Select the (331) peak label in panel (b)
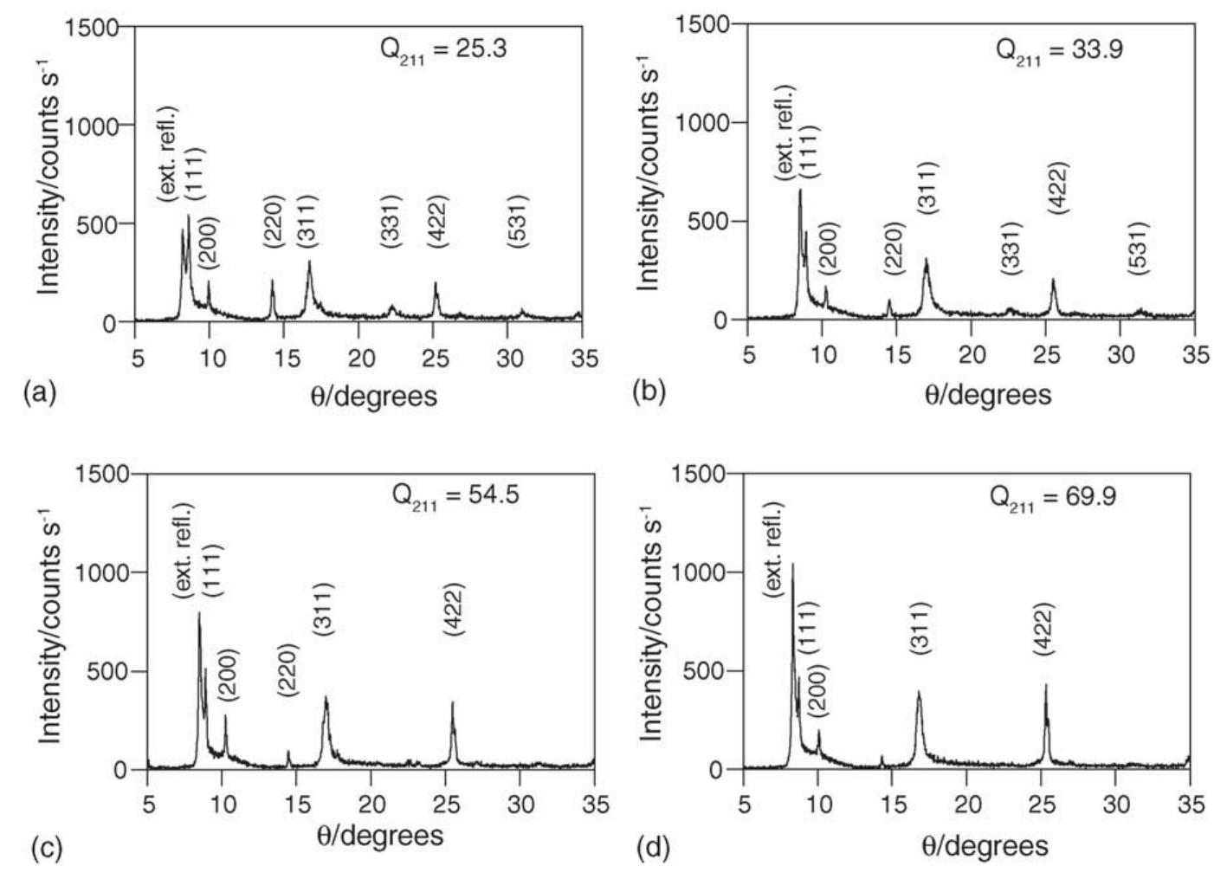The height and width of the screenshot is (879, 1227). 1011,249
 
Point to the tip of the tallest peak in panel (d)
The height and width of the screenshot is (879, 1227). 791,564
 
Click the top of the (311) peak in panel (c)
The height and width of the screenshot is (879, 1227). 326,696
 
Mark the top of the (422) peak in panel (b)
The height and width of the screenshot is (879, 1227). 1053,279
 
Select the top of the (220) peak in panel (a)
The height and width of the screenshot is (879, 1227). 273,281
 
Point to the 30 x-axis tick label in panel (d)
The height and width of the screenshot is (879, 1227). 1116,805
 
